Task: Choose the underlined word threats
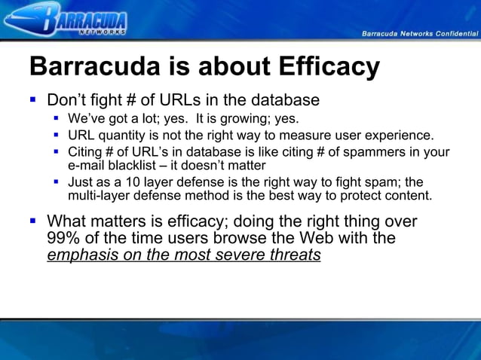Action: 292,255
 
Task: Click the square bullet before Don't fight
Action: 34,100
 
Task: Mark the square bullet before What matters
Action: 34,222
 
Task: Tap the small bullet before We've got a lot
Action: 57,119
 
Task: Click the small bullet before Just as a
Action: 57,182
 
